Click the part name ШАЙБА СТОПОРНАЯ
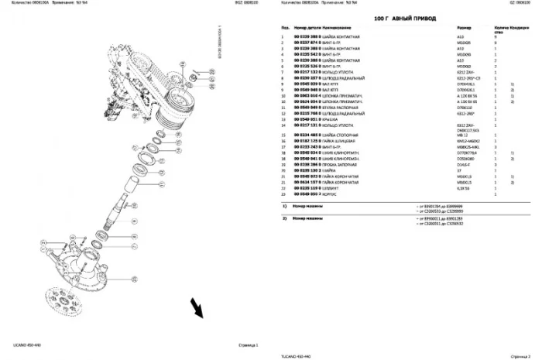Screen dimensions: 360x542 [348, 136]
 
